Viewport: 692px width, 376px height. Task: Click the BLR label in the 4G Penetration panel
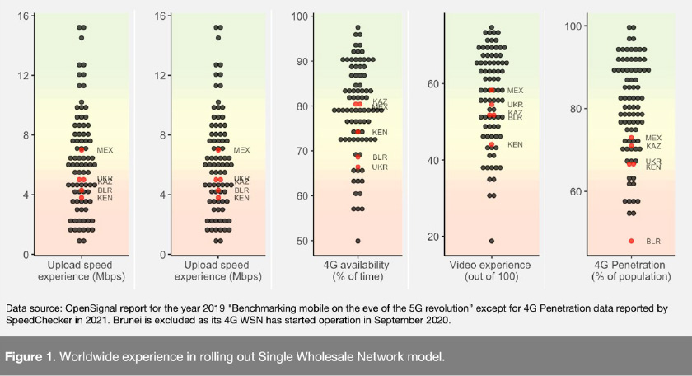[x=653, y=242]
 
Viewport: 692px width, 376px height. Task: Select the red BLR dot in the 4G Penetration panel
[x=632, y=241]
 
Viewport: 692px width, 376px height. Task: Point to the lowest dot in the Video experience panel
[x=492, y=241]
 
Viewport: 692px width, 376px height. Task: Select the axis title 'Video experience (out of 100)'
[x=492, y=270]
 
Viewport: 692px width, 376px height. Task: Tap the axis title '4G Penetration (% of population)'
[x=632, y=270]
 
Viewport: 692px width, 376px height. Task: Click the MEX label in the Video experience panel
[x=515, y=90]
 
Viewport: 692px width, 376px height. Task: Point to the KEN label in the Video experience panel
[x=515, y=145]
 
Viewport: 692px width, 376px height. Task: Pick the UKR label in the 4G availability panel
[x=380, y=167]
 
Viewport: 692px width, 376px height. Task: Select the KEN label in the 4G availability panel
[x=380, y=132]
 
